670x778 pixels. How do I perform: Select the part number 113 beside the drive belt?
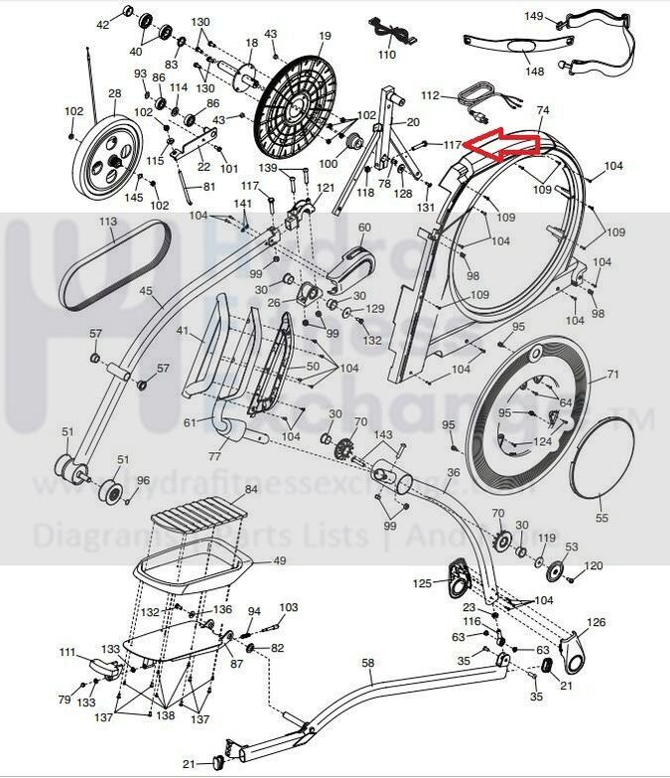pyautogui.click(x=108, y=224)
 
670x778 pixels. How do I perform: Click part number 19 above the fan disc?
pyautogui.click(x=325, y=37)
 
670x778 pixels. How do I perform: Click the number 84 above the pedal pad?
pyautogui.click(x=251, y=490)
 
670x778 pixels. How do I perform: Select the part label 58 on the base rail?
pyautogui.click(x=367, y=662)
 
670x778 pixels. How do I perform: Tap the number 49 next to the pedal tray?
pyautogui.click(x=279, y=561)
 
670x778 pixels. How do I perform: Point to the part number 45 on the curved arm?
pyautogui.click(x=145, y=291)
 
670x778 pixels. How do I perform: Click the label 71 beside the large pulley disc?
pyautogui.click(x=612, y=376)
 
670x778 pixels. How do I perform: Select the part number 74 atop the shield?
pyautogui.click(x=542, y=110)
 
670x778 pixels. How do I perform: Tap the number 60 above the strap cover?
pyautogui.click(x=363, y=228)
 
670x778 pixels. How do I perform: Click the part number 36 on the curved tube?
pyautogui.click(x=454, y=473)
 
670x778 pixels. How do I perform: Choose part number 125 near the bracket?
pyautogui.click(x=423, y=583)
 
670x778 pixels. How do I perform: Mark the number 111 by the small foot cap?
pyautogui.click(x=67, y=653)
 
